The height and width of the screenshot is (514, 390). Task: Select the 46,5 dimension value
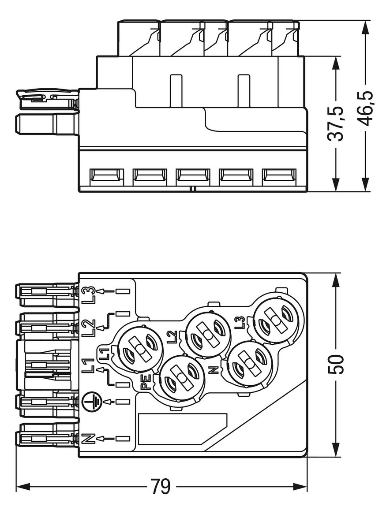click(x=365, y=108)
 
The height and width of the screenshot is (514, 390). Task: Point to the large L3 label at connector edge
click(x=89, y=294)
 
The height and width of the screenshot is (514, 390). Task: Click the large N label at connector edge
click(x=89, y=439)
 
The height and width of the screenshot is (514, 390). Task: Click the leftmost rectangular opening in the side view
click(x=106, y=176)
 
